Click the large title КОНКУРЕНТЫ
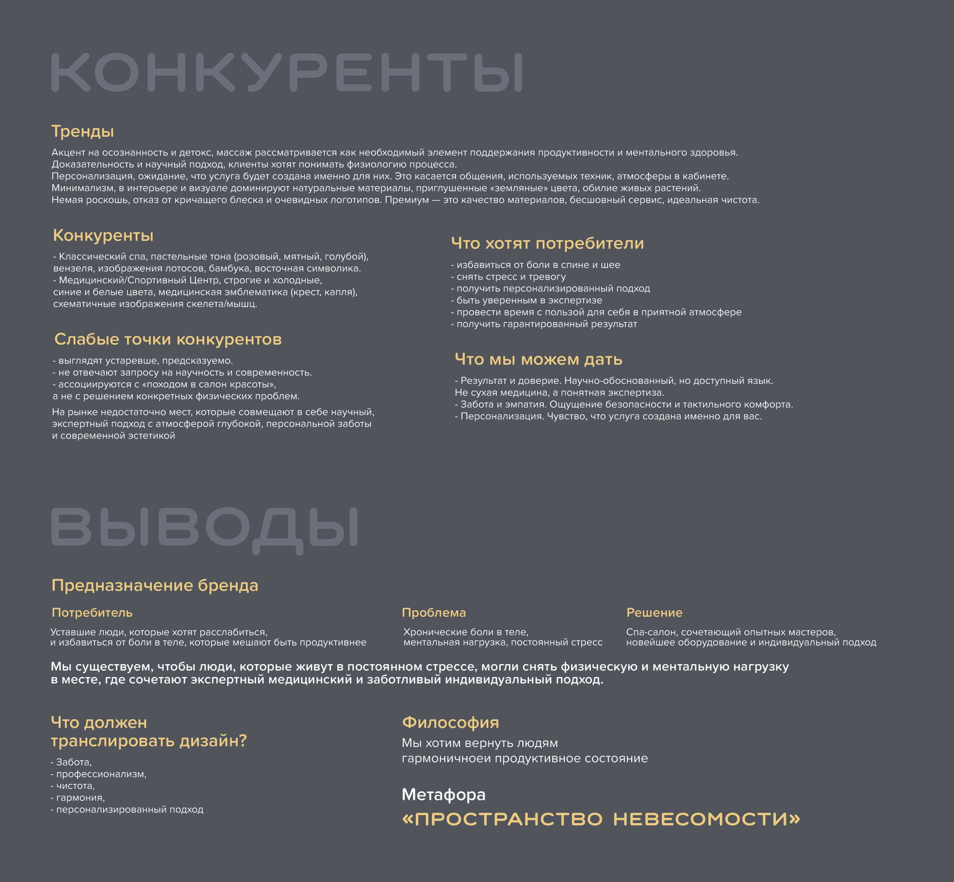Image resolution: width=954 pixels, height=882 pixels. [287, 72]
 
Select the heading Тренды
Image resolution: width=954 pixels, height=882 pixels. [83, 131]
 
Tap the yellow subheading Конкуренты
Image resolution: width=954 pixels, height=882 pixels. [103, 235]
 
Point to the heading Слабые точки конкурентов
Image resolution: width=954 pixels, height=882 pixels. [168, 339]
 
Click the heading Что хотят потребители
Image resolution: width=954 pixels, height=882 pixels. [547, 243]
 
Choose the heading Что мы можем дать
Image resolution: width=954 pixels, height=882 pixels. [538, 359]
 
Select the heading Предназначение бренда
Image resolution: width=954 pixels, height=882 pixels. [155, 585]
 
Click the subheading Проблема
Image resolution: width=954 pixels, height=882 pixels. [433, 612]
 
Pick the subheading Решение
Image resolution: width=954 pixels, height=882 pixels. [654, 612]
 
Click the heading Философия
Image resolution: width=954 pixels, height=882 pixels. [450, 722]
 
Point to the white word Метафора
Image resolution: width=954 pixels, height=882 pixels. [443, 794]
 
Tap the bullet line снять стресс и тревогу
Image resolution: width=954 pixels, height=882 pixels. [511, 277]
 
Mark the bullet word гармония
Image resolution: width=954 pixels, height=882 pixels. [80, 798]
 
